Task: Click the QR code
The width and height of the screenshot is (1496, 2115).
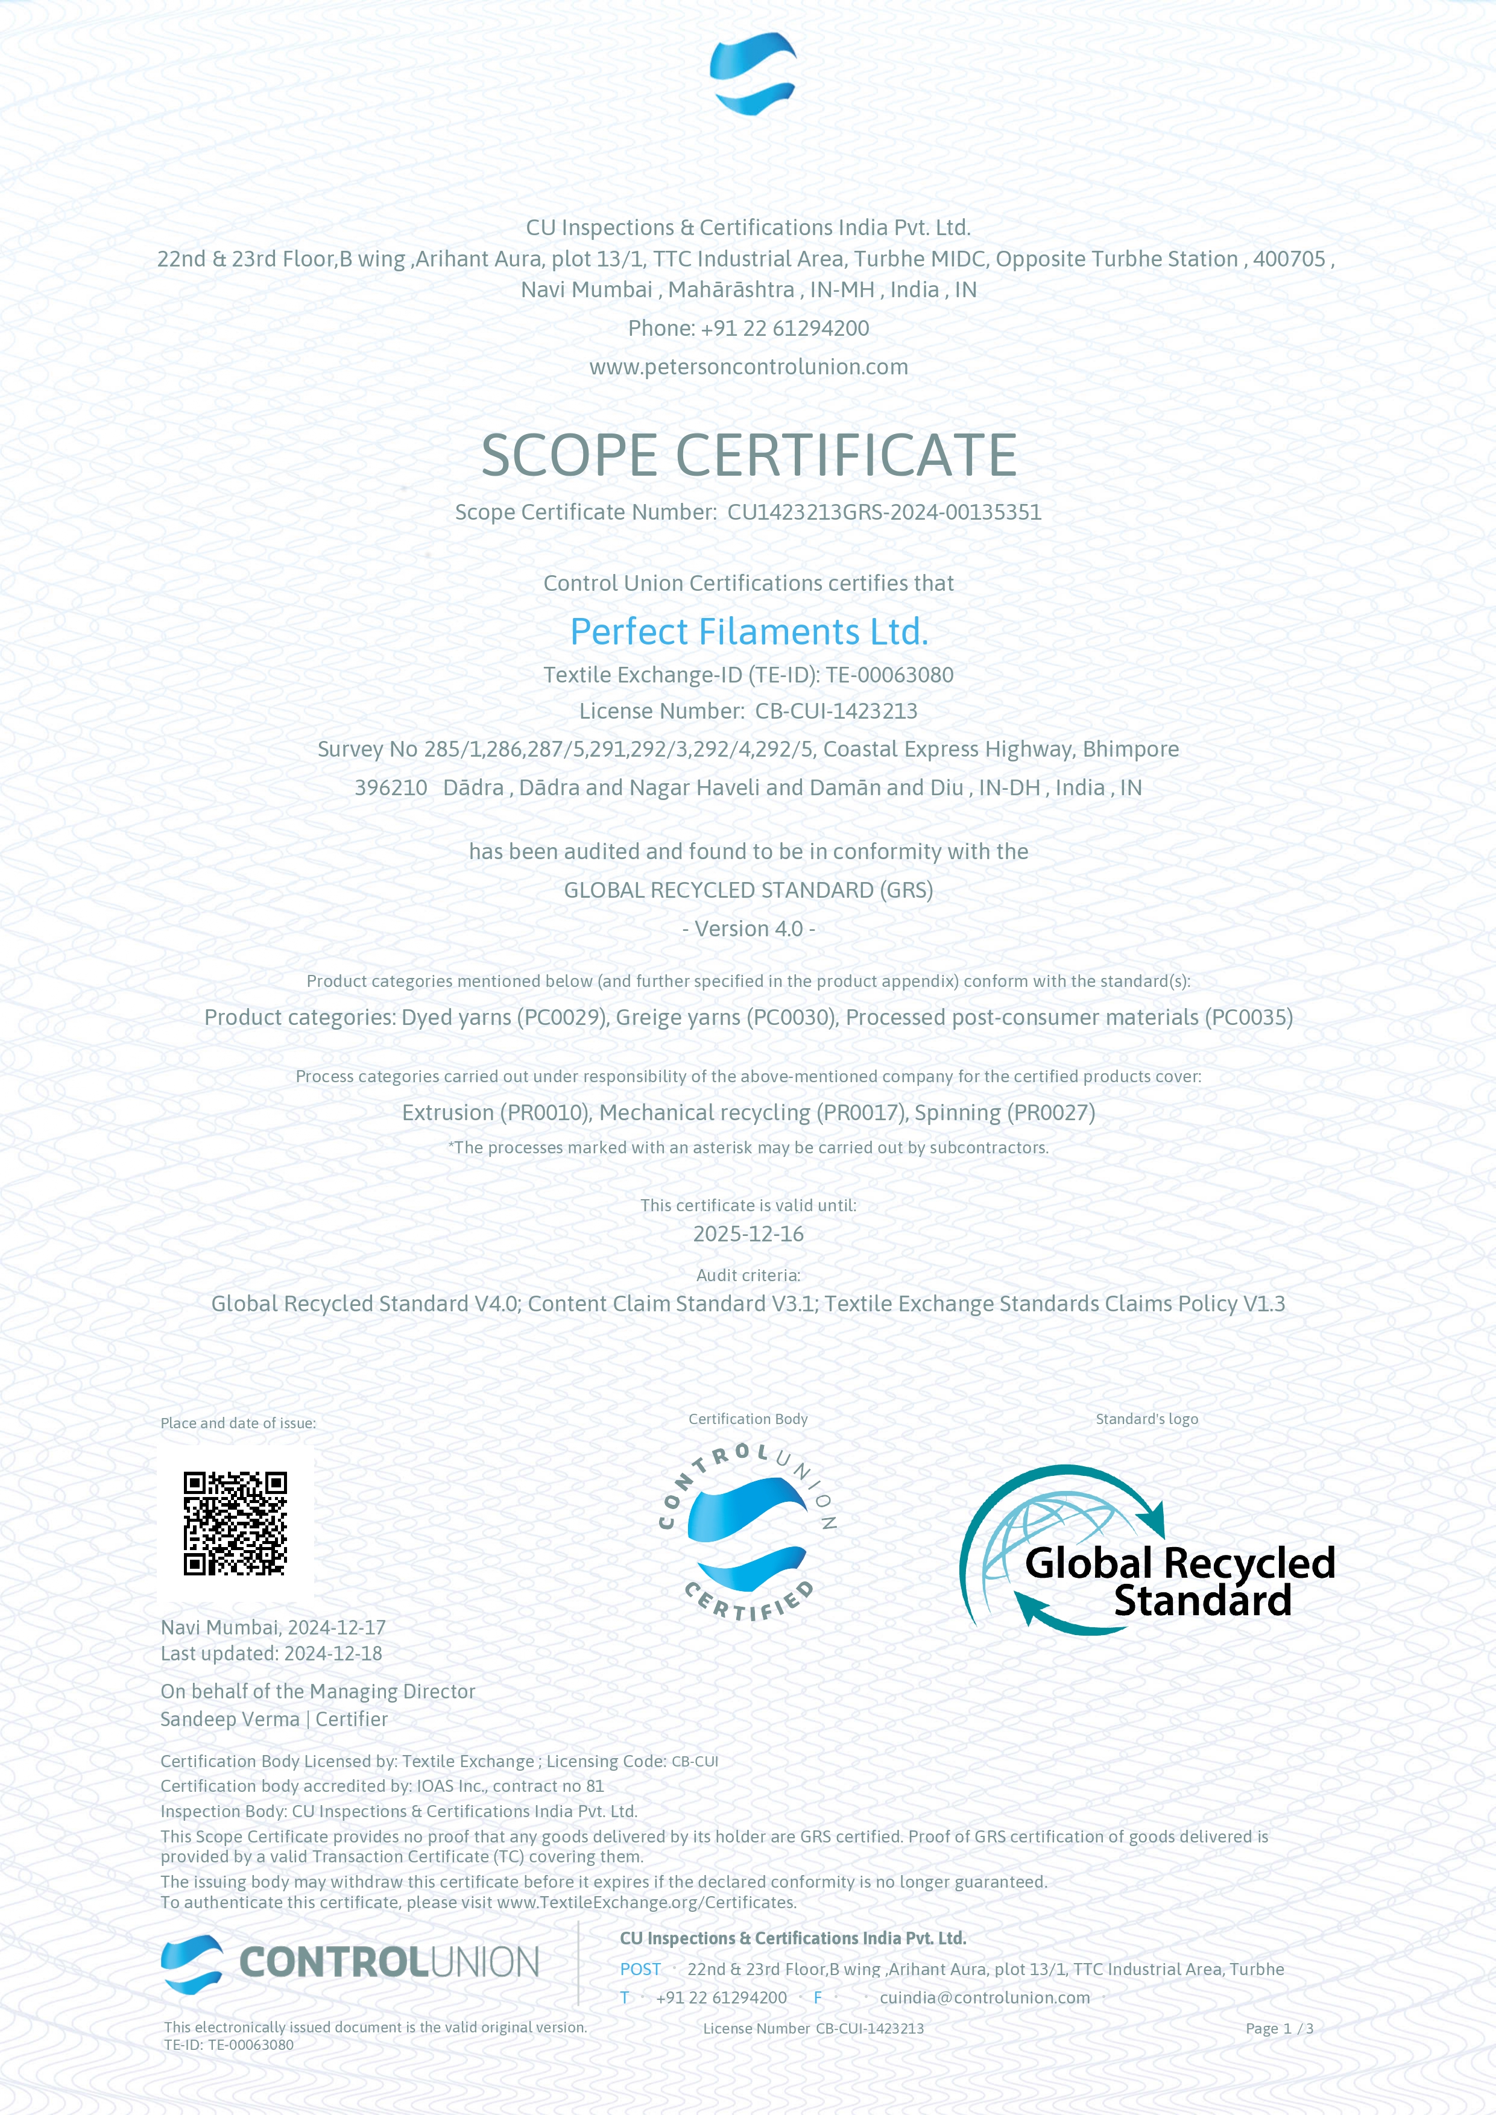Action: coord(235,1523)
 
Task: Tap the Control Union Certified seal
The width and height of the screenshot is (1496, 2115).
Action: coord(748,1534)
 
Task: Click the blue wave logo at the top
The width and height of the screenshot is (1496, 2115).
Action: coord(753,74)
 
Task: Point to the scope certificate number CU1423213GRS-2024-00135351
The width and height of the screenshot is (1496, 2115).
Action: coord(885,512)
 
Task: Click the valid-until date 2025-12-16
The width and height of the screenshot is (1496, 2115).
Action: coord(748,1234)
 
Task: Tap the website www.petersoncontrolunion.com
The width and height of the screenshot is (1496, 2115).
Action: coord(748,367)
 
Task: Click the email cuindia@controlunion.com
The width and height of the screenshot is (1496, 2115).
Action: coord(984,1997)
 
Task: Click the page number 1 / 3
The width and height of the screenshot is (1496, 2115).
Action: coord(1292,2028)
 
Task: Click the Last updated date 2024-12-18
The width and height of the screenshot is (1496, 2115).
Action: coord(333,1654)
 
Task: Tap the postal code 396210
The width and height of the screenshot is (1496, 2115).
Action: coord(391,787)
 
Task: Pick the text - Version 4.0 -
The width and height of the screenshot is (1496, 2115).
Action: coord(748,928)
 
